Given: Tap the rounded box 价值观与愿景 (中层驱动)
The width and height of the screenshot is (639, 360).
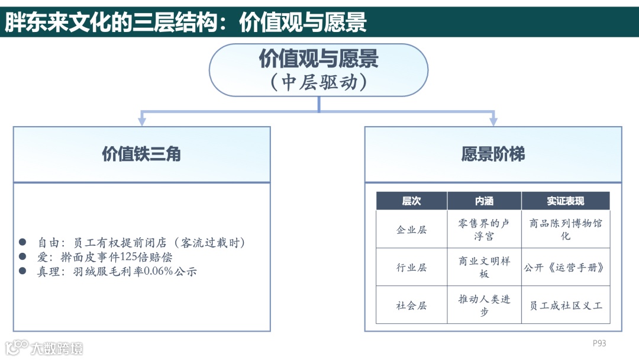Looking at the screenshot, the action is [x=318, y=70].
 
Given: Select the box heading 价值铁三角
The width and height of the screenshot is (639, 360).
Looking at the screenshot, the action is [x=141, y=154].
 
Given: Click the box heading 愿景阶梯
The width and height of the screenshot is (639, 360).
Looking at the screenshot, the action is [x=493, y=154].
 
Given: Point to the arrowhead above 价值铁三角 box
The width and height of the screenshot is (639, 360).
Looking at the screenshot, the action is [x=142, y=121].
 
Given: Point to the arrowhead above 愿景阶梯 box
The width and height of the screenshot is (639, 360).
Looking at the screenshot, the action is [x=493, y=121].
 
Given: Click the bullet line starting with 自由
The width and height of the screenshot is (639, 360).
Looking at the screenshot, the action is [x=141, y=243].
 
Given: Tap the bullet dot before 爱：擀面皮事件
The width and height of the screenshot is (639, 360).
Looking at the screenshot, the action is [x=22, y=257].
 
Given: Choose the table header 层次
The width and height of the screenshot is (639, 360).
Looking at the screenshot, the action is [x=411, y=201].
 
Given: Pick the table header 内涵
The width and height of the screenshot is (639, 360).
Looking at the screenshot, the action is [x=484, y=201].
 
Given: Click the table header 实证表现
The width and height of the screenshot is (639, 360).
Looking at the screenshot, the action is [x=565, y=201].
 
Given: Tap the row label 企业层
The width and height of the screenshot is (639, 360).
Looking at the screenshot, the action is [x=411, y=230].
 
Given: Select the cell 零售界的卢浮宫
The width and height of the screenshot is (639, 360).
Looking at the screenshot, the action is [x=484, y=230].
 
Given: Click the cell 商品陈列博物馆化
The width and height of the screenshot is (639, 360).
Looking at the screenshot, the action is [x=565, y=230].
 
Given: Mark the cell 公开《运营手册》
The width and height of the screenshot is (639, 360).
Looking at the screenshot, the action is [x=565, y=268].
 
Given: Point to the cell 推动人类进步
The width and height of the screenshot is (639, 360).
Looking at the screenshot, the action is [x=484, y=306].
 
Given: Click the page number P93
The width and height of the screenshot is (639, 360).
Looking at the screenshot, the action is [x=599, y=343].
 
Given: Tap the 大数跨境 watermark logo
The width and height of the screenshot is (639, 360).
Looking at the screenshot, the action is [x=44, y=347].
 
